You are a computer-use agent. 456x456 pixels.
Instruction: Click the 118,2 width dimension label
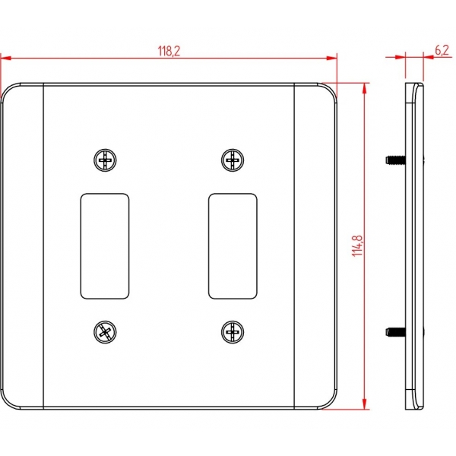point(169,51)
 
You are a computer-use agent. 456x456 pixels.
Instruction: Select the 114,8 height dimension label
point(357,245)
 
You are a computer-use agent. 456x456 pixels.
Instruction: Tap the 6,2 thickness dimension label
point(442,50)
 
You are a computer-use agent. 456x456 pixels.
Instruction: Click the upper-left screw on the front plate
point(105,160)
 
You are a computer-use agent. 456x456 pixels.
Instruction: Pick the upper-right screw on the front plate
point(233,160)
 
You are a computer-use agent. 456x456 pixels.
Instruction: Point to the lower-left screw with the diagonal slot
point(105,332)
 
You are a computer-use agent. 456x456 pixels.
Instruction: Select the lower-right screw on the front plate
point(233,332)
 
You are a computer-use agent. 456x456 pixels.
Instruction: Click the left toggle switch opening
point(105,246)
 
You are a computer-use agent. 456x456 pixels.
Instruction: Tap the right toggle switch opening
point(233,246)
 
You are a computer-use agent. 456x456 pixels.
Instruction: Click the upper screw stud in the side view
point(395,160)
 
